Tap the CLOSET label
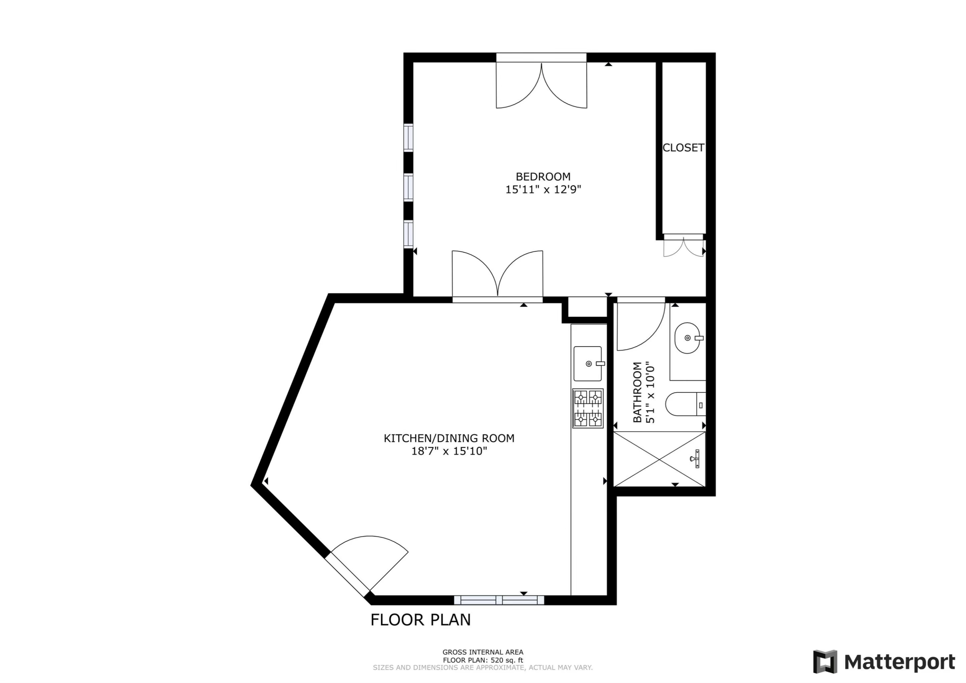tap(683, 148)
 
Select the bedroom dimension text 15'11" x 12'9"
tap(543, 190)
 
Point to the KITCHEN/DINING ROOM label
tap(449, 438)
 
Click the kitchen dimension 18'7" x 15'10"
tap(449, 451)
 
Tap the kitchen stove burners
tap(588, 408)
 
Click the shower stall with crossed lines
tap(659, 459)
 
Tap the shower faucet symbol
tap(696, 459)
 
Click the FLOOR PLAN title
tap(420, 620)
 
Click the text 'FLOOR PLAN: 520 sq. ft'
tap(483, 660)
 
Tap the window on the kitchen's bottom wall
tap(499, 600)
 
